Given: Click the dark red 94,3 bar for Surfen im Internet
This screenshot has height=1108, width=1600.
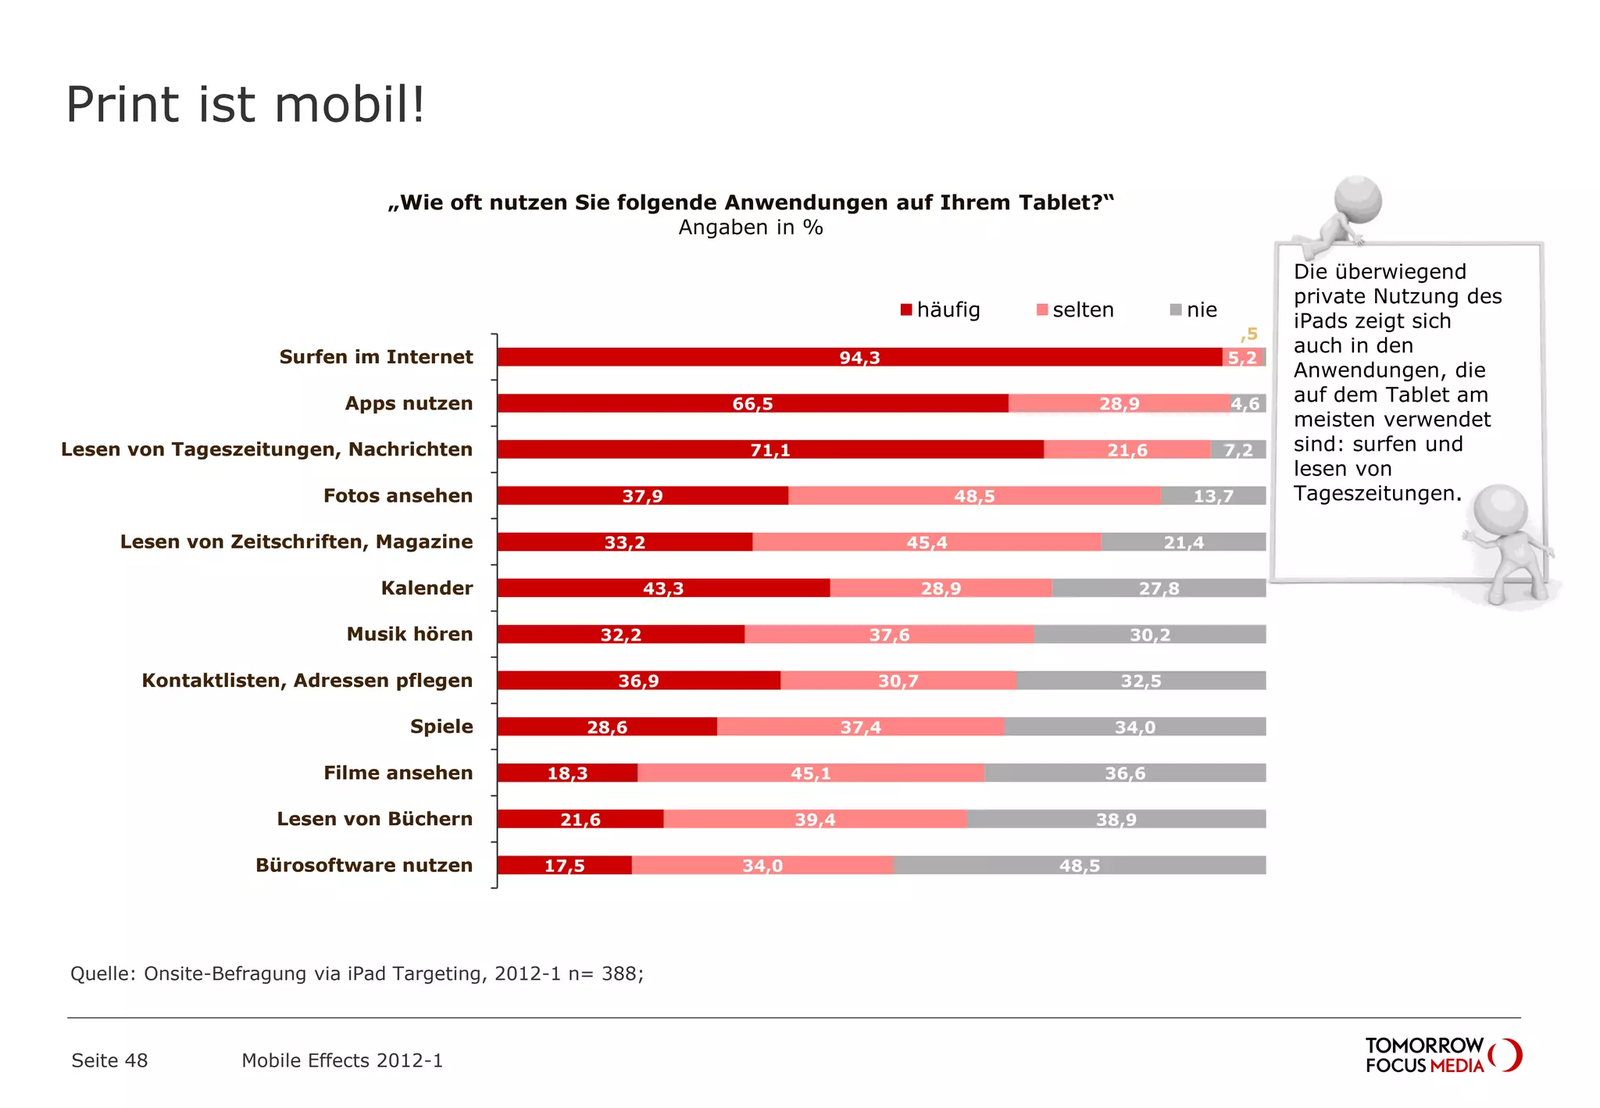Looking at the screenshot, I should coord(859,357).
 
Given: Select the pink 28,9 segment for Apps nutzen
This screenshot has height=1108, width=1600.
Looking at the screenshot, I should coord(1119,403).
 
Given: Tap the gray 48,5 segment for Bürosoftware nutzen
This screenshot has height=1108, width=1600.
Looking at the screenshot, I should coord(1079,865).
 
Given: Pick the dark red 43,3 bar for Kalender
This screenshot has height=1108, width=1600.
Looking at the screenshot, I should coord(663,588).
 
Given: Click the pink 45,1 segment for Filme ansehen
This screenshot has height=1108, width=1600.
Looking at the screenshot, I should coord(811,773).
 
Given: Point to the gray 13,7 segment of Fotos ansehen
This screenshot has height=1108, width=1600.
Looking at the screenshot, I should coord(1212,495).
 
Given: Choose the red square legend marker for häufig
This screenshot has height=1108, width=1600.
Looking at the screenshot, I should coord(906,310).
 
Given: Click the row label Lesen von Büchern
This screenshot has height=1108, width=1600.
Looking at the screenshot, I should coord(374,819).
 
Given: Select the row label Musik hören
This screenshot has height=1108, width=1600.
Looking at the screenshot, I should coord(409,634).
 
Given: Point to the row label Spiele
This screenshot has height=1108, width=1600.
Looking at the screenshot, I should coord(441,727).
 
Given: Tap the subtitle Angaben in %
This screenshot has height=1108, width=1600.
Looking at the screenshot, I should coord(750,227).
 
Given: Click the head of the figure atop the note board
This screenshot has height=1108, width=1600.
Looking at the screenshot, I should coord(1358,199).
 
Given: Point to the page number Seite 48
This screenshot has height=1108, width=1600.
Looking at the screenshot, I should coord(109,1060).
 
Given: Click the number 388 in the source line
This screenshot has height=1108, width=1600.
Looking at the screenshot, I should coord(620,974).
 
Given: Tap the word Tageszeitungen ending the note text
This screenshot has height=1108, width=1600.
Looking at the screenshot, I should coord(1376,494).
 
